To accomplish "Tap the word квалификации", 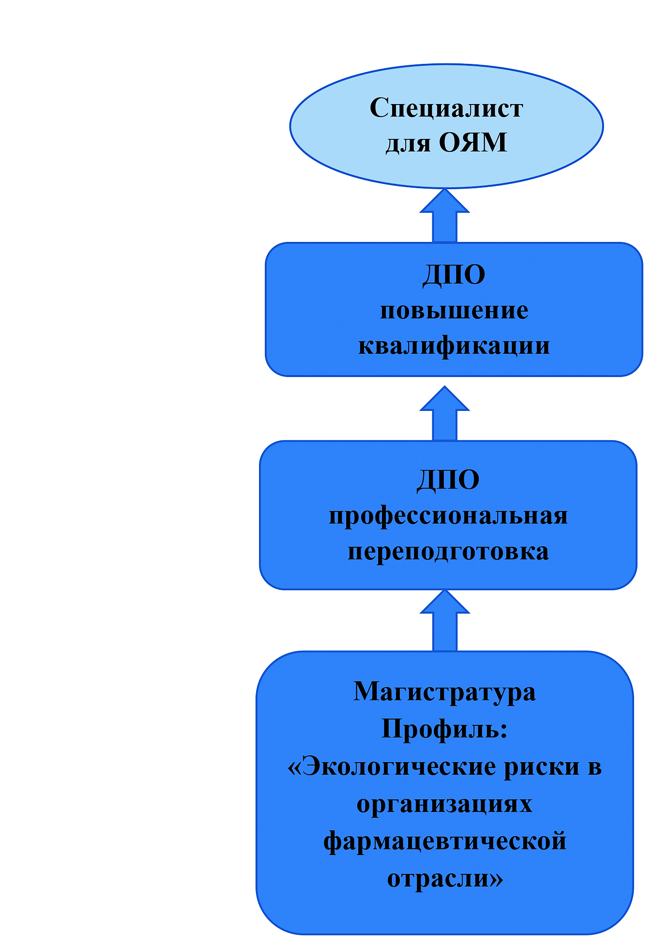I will click(454, 346).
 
